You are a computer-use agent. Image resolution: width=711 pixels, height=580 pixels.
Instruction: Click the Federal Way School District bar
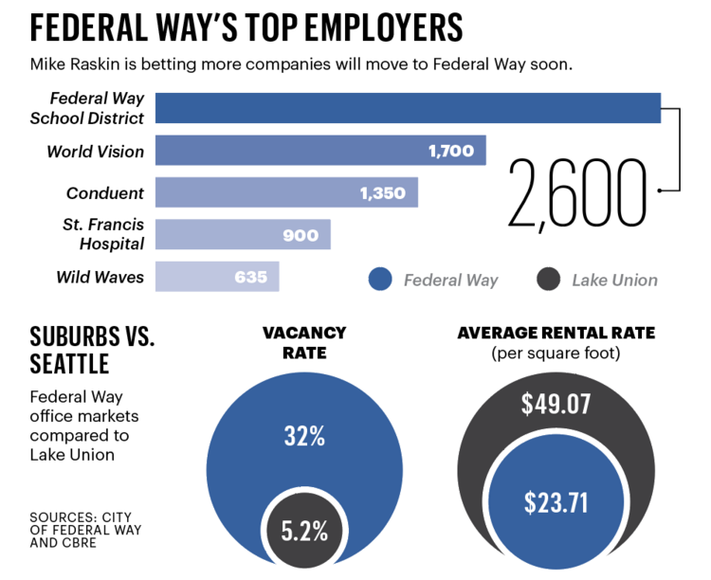(x=408, y=108)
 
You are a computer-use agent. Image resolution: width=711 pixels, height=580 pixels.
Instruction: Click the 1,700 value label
(x=450, y=151)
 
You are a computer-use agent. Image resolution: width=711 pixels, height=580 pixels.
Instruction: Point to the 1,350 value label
(x=382, y=193)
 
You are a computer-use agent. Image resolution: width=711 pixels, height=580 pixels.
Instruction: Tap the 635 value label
(x=250, y=278)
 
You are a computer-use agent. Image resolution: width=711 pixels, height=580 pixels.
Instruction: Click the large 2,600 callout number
(x=577, y=193)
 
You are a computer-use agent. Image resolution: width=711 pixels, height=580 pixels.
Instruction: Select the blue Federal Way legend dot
(x=379, y=280)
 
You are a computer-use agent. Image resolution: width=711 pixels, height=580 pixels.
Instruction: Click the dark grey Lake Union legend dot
(x=548, y=280)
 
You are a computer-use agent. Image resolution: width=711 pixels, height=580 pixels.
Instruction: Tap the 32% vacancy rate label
(x=304, y=436)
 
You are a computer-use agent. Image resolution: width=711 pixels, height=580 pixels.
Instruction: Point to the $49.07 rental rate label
(x=556, y=405)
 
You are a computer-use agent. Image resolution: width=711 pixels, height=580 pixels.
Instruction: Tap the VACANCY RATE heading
(x=304, y=343)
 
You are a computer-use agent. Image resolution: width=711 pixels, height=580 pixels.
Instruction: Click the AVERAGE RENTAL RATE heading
(x=556, y=334)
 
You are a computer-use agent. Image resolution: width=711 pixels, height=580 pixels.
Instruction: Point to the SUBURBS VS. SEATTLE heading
(x=91, y=350)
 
